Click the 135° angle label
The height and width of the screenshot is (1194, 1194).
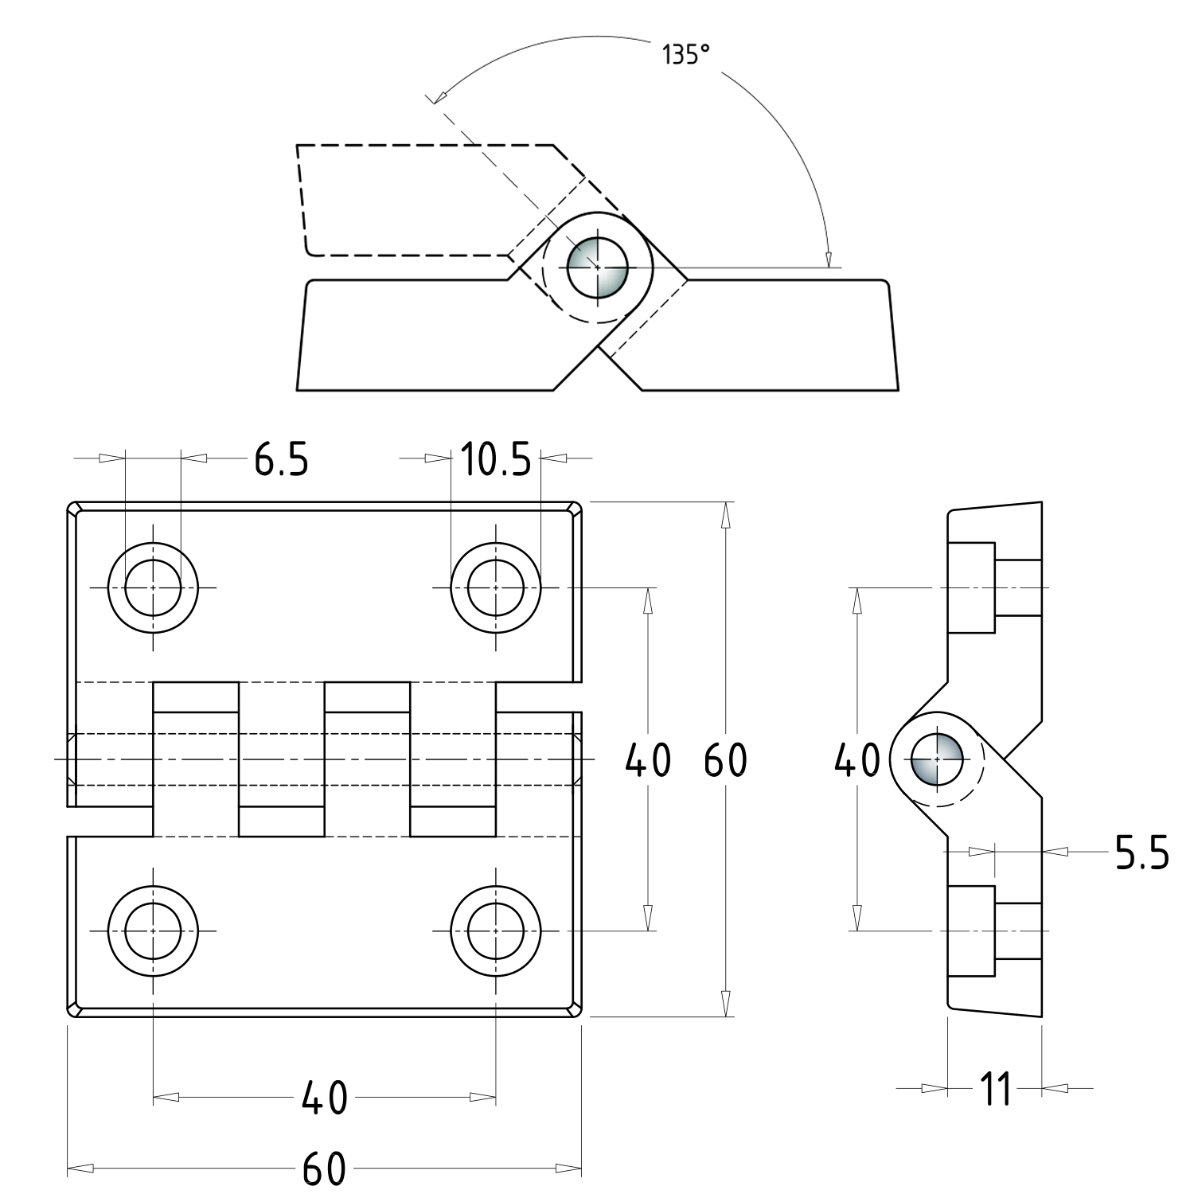point(685,56)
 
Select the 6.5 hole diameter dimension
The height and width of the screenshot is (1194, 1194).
point(280,459)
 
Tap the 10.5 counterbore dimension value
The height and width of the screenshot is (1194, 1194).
point(495,459)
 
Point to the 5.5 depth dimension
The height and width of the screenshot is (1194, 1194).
point(1141,853)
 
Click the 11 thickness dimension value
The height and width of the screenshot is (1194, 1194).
point(994,1088)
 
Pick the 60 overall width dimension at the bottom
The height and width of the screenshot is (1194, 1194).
point(324,1169)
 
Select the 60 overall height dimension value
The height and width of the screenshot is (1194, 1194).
point(725,760)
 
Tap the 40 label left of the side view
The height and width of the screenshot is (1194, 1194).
point(856,760)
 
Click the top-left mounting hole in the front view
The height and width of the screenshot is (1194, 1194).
point(153,587)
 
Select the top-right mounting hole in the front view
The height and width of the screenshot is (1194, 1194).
point(496,587)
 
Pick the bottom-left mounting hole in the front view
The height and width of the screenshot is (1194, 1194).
point(153,931)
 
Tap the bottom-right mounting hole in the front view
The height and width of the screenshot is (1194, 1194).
point(496,931)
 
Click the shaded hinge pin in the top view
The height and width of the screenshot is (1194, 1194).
point(598,267)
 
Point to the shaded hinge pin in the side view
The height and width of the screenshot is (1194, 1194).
point(938,759)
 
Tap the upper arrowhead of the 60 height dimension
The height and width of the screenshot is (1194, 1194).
point(725,514)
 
